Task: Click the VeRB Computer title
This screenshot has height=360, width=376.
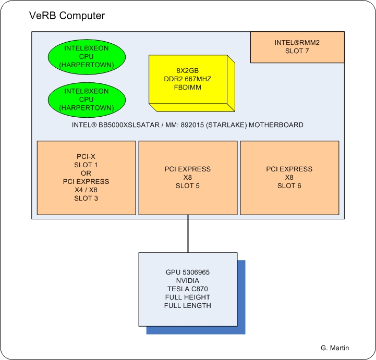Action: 66,16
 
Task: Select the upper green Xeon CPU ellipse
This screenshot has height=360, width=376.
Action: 87,56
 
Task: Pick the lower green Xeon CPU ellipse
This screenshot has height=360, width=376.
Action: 87,100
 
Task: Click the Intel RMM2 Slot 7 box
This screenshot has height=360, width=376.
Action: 298,47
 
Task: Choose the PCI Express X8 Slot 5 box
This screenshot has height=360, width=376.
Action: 187,177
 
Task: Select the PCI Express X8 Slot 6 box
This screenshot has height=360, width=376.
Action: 289,177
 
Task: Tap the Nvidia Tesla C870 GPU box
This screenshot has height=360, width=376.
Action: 188,289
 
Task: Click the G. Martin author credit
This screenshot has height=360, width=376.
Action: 335,347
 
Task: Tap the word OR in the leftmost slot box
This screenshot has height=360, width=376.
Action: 87,173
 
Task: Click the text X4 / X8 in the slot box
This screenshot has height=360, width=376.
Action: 87,190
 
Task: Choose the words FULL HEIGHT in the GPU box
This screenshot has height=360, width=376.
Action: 188,297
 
